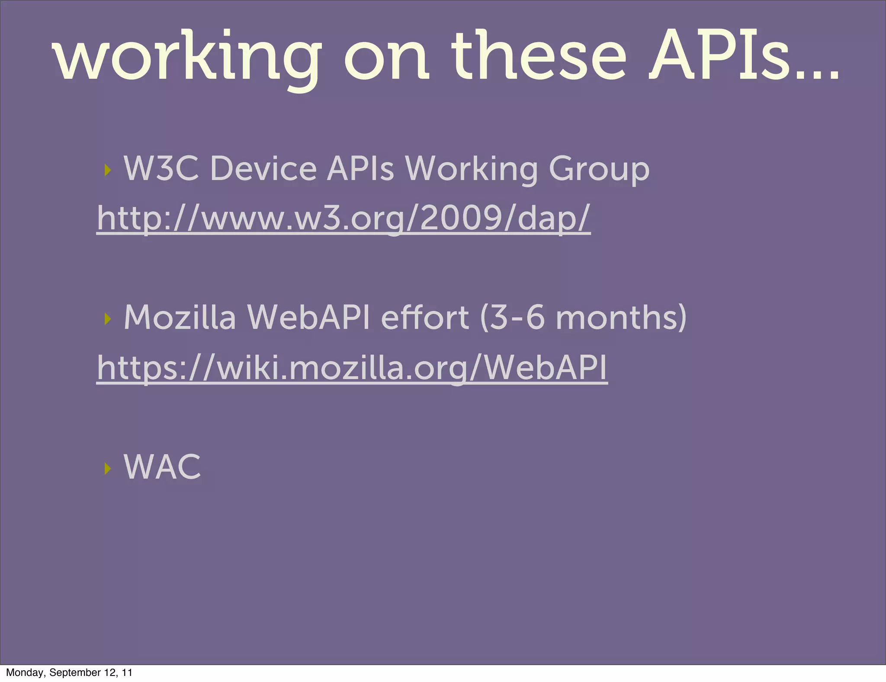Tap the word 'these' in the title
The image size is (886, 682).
coord(539,56)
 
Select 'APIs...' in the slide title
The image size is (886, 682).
coord(744,56)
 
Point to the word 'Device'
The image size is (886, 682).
coord(263,168)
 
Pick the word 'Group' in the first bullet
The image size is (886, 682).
coord(599,170)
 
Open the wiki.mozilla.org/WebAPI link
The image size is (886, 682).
coord(352,367)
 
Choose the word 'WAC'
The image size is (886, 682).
coord(162,467)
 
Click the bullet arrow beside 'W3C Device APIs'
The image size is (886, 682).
coord(108,170)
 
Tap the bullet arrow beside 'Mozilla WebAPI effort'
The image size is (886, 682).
coord(108,319)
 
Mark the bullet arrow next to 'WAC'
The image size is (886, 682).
coord(108,468)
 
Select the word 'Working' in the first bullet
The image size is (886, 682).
coord(471,170)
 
